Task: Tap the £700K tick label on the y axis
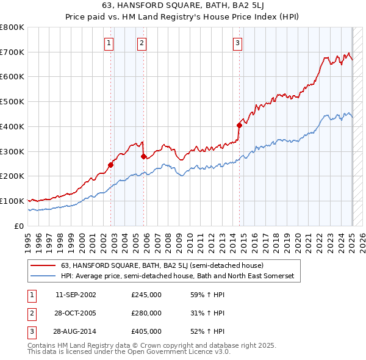(x=12, y=52)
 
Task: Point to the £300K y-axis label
(x=12, y=151)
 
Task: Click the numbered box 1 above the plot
(x=109, y=43)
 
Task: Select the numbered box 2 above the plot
(x=142, y=43)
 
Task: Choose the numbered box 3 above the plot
(x=237, y=43)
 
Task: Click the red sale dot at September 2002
(x=111, y=165)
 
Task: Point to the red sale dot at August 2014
(x=240, y=125)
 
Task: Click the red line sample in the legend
(x=43, y=266)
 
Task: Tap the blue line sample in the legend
(x=43, y=276)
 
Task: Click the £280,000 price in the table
(x=146, y=313)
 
